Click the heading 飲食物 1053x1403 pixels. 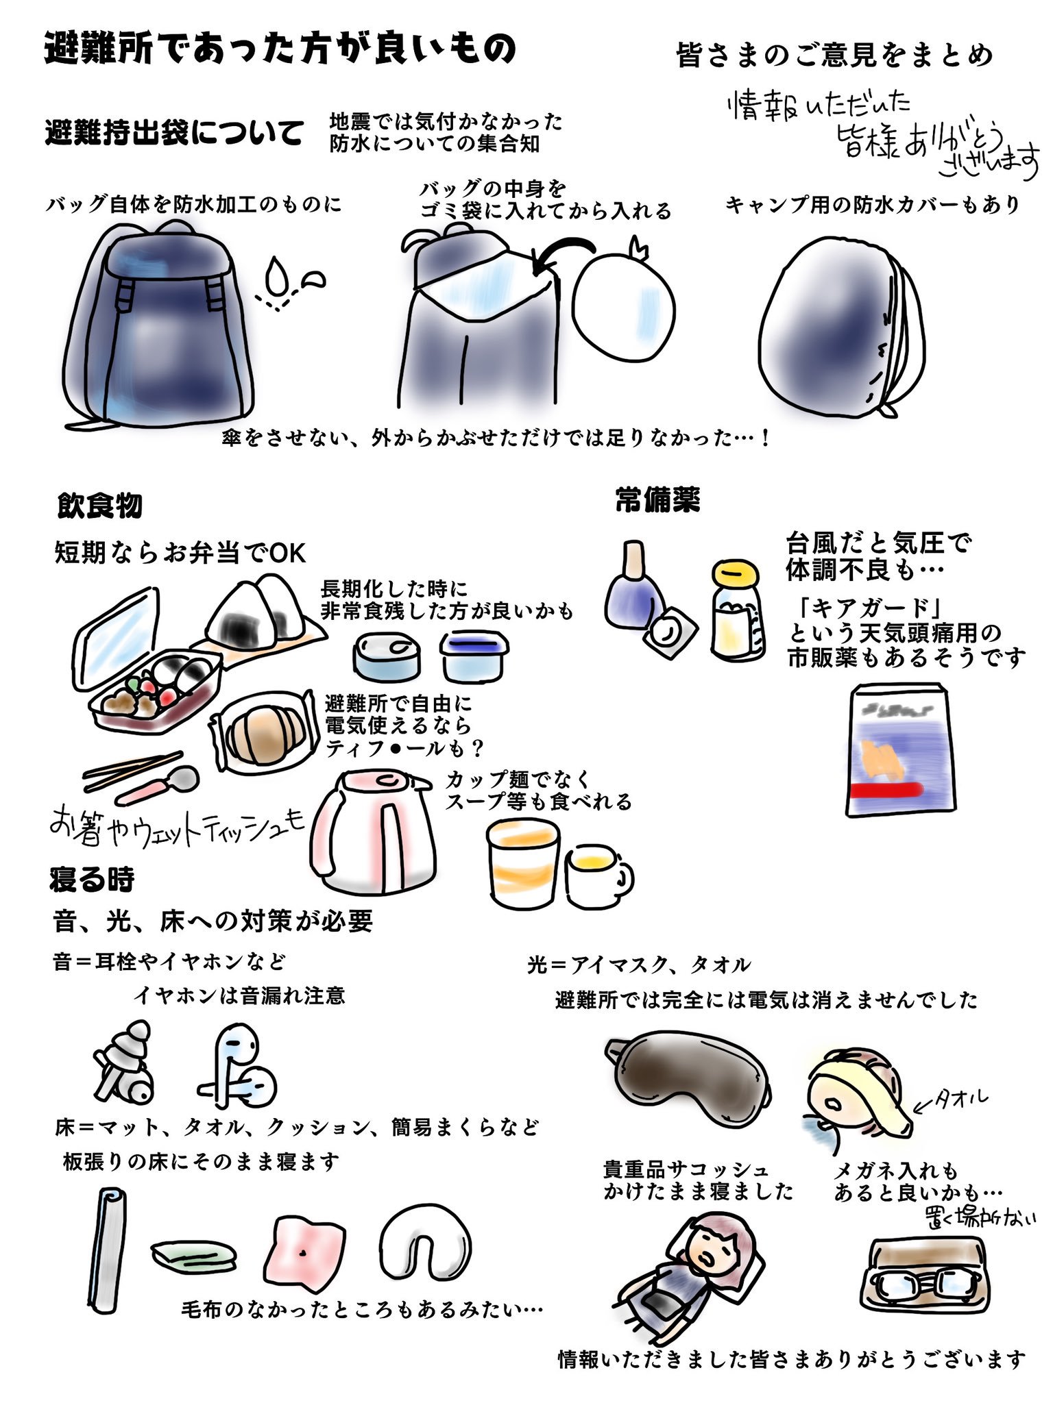click(100, 506)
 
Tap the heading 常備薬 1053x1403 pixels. click(657, 501)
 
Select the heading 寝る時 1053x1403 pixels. click(91, 879)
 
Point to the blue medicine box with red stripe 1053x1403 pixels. click(899, 750)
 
